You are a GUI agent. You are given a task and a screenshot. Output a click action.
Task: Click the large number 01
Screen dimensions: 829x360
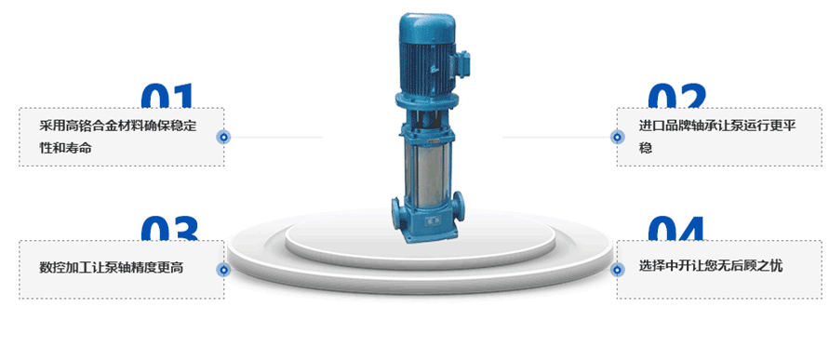167,96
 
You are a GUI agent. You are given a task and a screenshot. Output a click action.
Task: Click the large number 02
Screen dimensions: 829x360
677,96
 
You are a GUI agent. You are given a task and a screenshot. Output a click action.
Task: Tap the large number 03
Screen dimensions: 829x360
169,228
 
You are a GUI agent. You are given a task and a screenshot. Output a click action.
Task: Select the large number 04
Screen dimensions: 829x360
677,228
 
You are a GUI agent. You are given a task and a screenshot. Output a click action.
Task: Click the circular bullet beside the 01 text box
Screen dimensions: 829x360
223,138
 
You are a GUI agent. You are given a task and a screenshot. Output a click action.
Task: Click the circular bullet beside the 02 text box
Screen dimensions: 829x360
617,138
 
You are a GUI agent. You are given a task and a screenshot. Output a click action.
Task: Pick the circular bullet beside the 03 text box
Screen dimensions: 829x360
223,270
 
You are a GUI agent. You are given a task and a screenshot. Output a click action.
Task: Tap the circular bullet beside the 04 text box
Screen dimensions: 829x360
617,270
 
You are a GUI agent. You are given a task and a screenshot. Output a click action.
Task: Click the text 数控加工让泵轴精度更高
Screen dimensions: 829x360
112,268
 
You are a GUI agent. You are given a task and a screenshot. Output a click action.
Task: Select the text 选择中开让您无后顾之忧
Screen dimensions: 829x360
711,266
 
